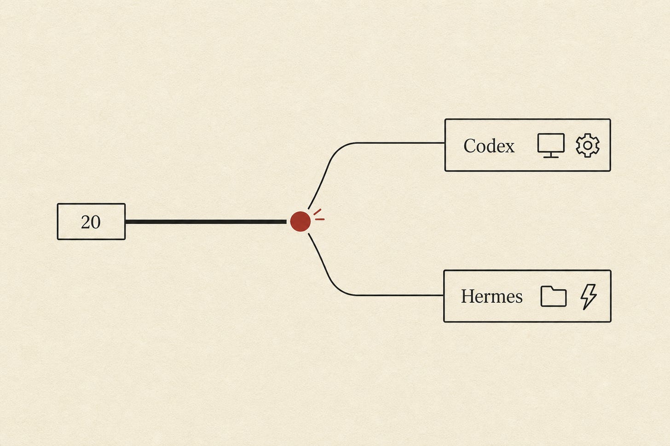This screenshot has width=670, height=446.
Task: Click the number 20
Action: point(91,222)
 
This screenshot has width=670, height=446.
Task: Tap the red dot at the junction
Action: point(300,221)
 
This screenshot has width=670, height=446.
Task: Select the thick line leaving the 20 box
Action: point(206,222)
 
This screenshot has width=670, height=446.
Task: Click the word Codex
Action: point(489,146)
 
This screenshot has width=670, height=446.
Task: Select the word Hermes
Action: point(492,296)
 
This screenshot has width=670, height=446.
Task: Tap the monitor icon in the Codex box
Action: point(551,146)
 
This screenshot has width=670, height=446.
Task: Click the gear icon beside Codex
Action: point(588,146)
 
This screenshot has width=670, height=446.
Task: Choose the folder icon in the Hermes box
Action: point(553,296)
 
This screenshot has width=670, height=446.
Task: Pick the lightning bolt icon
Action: point(589,297)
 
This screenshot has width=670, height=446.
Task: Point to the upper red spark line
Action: point(318,212)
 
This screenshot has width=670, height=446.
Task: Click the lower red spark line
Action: point(320,220)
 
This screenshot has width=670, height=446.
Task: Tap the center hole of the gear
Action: point(588,146)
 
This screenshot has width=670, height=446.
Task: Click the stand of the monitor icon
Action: point(551,155)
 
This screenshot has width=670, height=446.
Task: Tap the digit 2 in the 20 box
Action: point(86,222)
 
